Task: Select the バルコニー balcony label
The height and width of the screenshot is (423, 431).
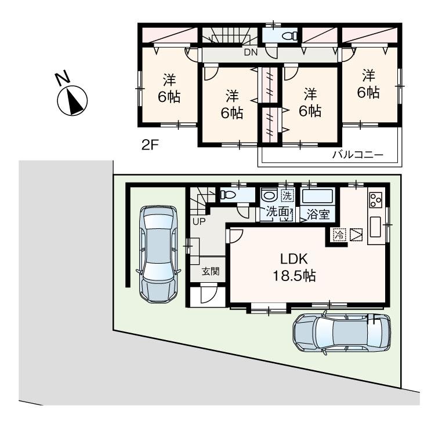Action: click(x=357, y=155)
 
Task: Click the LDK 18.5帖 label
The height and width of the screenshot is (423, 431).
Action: click(x=294, y=268)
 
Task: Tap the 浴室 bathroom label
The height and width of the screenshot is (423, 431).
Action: click(x=318, y=214)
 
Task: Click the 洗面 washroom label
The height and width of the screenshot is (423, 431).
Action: click(x=277, y=212)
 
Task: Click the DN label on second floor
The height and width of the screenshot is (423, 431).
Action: click(x=250, y=53)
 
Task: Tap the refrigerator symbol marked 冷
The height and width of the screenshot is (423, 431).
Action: click(x=339, y=235)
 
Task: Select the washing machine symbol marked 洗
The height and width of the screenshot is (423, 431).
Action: click(x=287, y=195)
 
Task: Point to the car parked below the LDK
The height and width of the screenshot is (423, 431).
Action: click(x=341, y=333)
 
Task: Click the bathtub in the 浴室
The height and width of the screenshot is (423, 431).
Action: click(x=317, y=196)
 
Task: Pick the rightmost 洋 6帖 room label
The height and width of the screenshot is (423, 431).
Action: click(x=368, y=83)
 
